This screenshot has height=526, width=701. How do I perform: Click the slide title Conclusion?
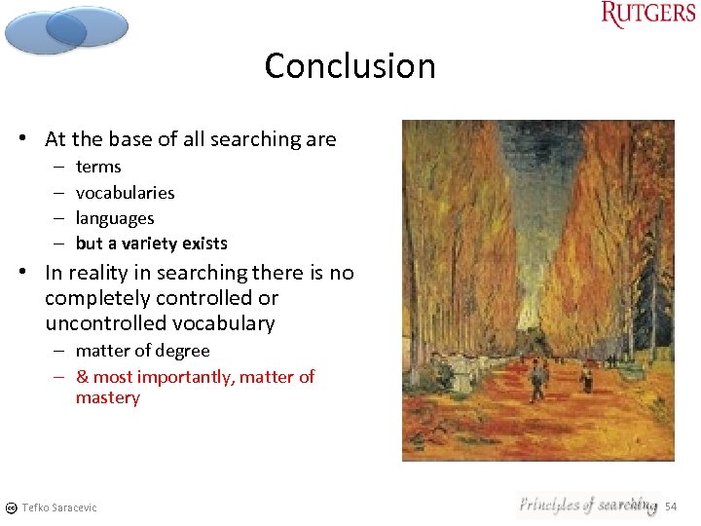click(x=350, y=66)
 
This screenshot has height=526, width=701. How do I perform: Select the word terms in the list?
click(x=98, y=167)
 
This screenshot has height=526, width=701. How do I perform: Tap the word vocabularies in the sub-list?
click(x=125, y=192)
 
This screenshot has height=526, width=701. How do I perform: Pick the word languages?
click(x=115, y=218)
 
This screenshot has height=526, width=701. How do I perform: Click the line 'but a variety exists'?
click(x=151, y=244)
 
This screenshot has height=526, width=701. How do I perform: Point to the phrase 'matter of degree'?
click(x=142, y=351)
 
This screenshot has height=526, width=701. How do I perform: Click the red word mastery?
click(x=108, y=397)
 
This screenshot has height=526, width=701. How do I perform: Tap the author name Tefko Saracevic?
click(x=59, y=507)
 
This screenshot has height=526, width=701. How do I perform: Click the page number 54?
click(x=670, y=507)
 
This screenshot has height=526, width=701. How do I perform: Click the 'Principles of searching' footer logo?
click(x=587, y=505)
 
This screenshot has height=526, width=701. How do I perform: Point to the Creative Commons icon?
click(x=10, y=507)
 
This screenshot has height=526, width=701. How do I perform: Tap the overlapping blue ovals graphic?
click(x=65, y=29)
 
